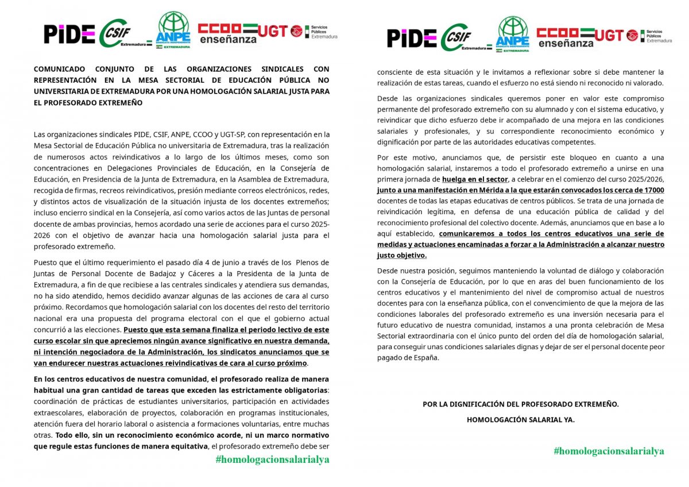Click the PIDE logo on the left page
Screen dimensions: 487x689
[x=69, y=34]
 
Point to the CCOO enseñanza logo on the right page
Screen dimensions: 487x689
[x=564, y=37]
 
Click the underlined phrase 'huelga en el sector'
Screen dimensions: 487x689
[x=475, y=179]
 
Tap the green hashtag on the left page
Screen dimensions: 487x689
[x=272, y=459]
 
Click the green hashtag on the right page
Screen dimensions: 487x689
[x=609, y=451]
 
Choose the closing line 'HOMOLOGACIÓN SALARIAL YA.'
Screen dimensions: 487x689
[x=520, y=420]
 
